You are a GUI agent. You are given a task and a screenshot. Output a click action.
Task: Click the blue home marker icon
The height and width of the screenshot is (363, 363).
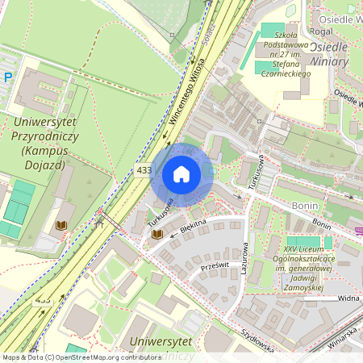click(x=181, y=173)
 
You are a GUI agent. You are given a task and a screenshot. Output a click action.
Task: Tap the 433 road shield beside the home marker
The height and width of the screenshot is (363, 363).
click(x=144, y=170)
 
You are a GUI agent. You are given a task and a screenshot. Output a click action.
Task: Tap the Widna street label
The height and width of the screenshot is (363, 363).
click(x=348, y=298)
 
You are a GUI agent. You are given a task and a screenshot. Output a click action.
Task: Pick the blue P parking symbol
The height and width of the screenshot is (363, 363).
click(x=7, y=77)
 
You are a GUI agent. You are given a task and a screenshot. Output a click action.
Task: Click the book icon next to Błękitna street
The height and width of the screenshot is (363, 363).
click(x=156, y=234)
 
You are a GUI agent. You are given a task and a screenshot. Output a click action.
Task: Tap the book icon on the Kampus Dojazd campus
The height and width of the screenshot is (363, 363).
click(x=60, y=227)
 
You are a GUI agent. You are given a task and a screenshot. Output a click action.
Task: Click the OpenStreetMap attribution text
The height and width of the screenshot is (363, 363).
click(x=81, y=357)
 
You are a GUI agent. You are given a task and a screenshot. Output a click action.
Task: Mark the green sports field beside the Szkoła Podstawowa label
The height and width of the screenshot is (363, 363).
click(x=273, y=31)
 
